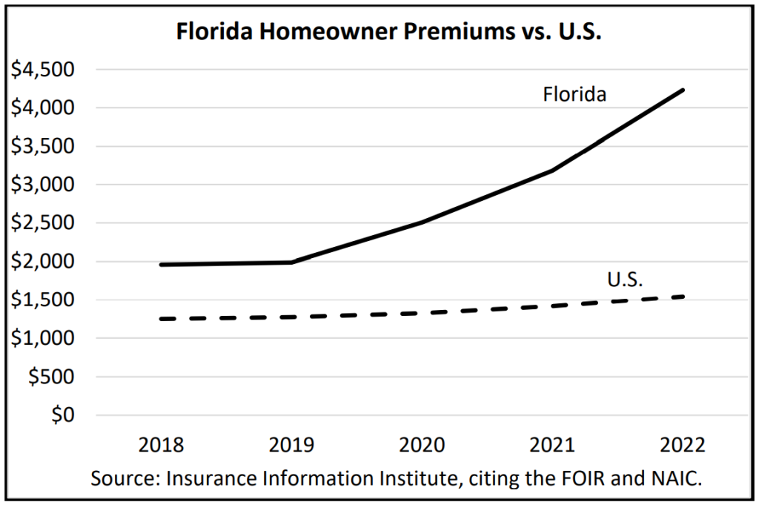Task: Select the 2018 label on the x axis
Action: click(x=162, y=446)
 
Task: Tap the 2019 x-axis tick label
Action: click(x=291, y=446)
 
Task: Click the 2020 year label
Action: click(x=422, y=446)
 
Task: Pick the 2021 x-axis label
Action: click(x=551, y=446)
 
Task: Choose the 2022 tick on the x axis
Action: click(x=682, y=446)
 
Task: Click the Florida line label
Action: click(x=574, y=95)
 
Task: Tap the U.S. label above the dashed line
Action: click(x=624, y=280)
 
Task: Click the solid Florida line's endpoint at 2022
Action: click(x=683, y=90)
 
